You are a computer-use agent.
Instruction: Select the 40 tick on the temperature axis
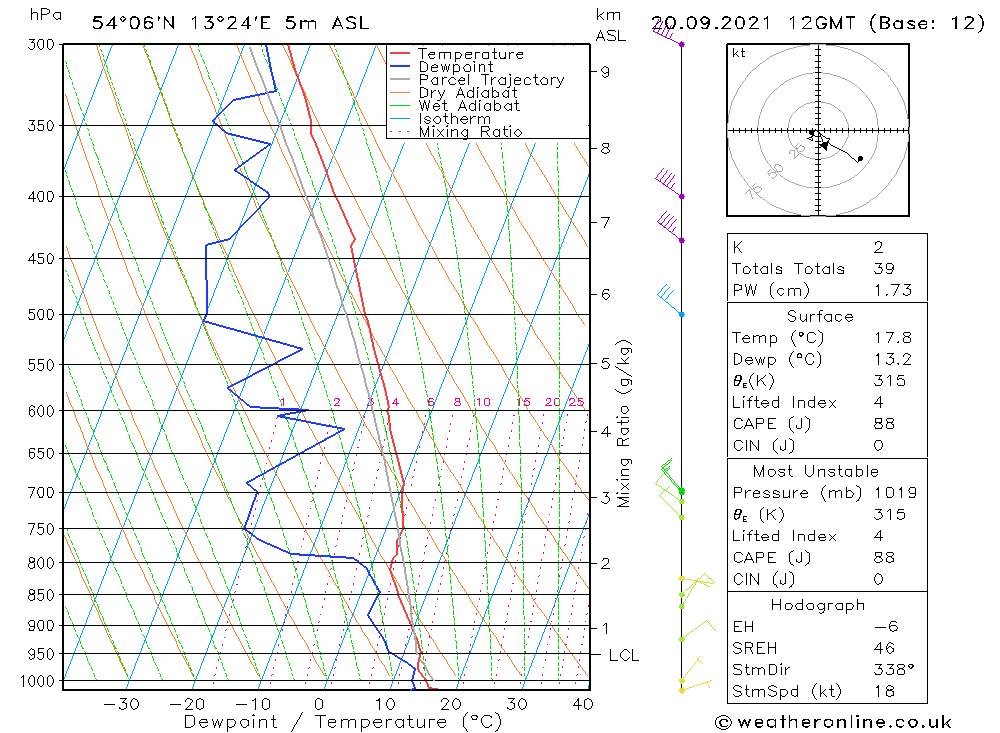(x=581, y=704)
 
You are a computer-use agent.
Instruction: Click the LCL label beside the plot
(x=623, y=655)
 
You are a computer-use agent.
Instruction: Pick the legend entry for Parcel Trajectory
(x=490, y=80)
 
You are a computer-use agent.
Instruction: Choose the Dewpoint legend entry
(x=455, y=67)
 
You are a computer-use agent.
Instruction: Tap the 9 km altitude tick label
(x=606, y=71)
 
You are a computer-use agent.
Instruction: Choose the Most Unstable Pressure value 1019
(x=894, y=492)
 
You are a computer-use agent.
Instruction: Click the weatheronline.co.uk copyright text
(x=833, y=722)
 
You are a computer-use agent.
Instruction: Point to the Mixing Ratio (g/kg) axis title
(x=625, y=423)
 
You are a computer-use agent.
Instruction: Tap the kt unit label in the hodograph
(x=738, y=53)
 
